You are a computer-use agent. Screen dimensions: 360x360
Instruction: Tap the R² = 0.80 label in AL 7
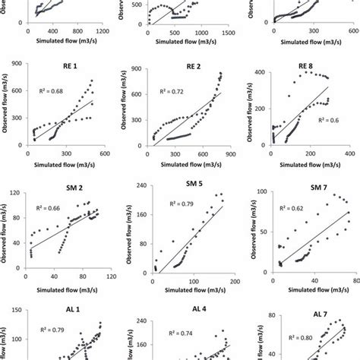pos(292,341)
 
